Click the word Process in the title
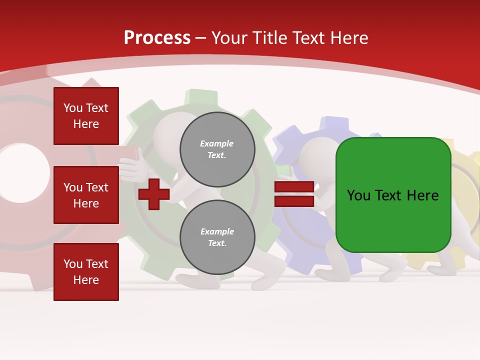(x=157, y=38)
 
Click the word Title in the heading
(x=268, y=38)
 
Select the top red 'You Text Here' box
(x=86, y=116)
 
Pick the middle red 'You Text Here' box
(x=86, y=195)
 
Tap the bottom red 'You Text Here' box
(x=86, y=272)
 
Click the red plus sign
(x=154, y=193)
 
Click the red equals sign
(x=294, y=194)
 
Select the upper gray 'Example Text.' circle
(x=217, y=149)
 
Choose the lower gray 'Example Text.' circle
(x=217, y=237)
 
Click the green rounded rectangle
(x=393, y=195)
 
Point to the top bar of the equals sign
(x=294, y=187)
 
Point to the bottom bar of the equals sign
(x=294, y=201)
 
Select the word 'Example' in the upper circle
(x=217, y=143)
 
